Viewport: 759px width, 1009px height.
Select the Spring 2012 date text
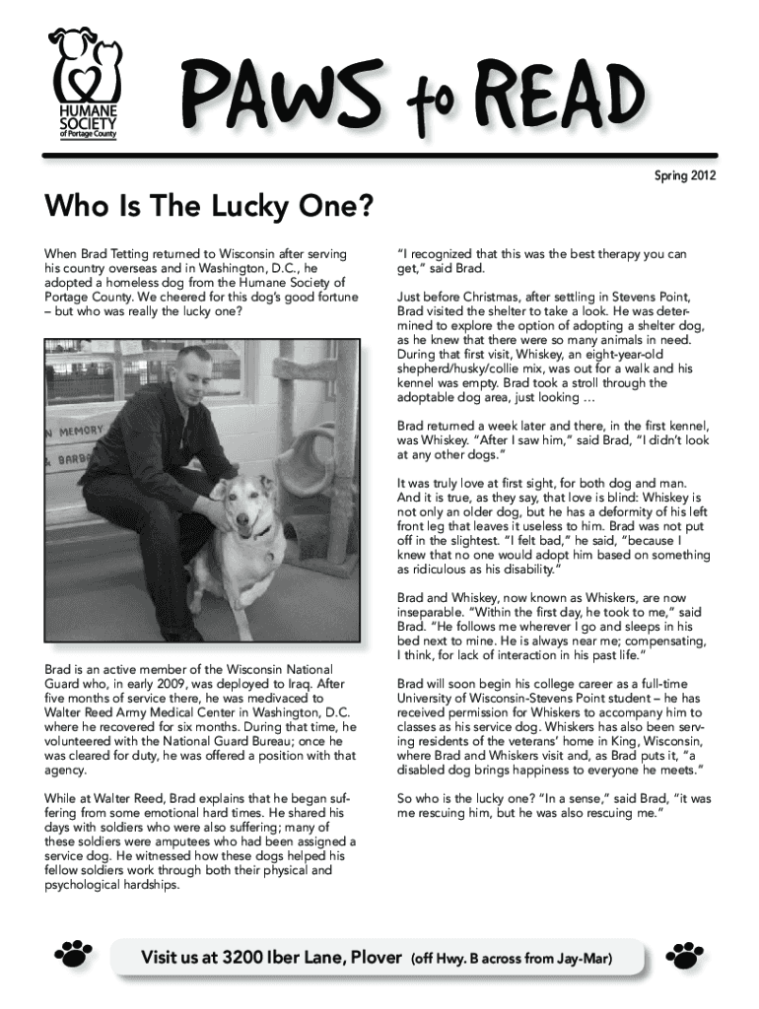[685, 176]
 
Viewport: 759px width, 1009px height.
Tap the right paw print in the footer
[685, 953]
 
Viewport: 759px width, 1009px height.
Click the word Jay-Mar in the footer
[591, 958]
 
